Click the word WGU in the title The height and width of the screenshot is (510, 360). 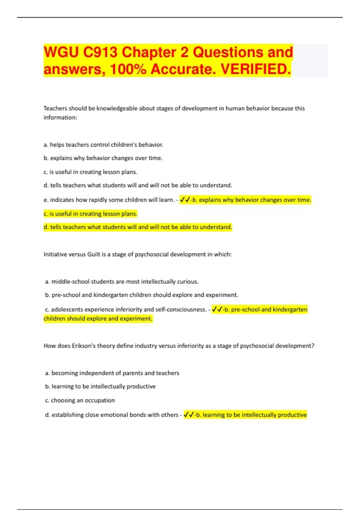61,52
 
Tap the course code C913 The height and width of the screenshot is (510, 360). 100,52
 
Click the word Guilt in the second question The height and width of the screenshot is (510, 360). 94,254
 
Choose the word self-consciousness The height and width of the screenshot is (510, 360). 181,309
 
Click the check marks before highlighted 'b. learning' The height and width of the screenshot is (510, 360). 189,415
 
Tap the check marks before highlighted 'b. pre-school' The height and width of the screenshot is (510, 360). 217,309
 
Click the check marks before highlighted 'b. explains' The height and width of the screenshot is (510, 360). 185,200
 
